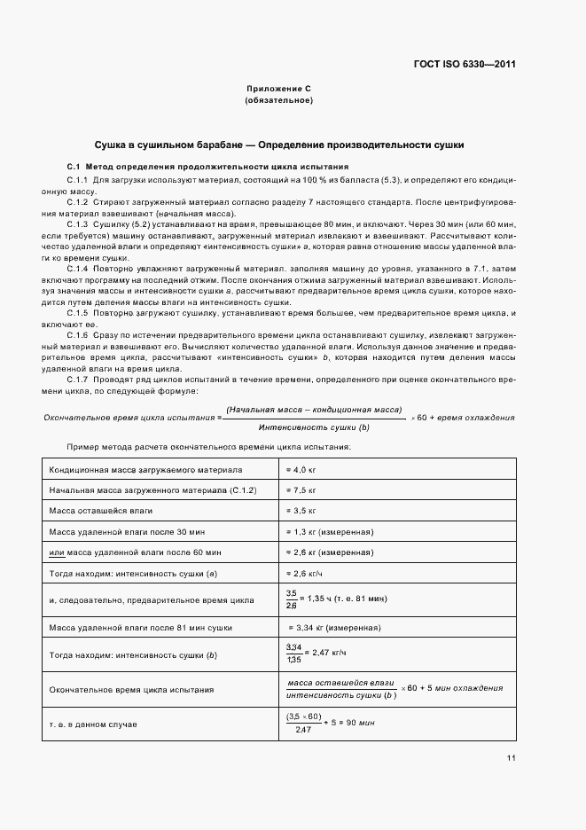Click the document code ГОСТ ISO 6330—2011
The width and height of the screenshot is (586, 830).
click(465, 65)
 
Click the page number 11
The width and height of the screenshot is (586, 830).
click(511, 757)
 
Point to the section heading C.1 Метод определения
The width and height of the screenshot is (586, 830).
click(207, 167)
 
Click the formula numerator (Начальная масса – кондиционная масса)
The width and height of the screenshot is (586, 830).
click(314, 410)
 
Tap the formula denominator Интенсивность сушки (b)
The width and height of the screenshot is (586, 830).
click(315, 427)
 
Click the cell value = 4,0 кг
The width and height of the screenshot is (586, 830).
click(301, 468)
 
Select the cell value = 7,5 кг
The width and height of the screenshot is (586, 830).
click(301, 489)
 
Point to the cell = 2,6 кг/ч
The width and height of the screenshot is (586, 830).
click(304, 574)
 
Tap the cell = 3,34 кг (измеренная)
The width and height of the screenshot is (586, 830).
click(332, 627)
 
